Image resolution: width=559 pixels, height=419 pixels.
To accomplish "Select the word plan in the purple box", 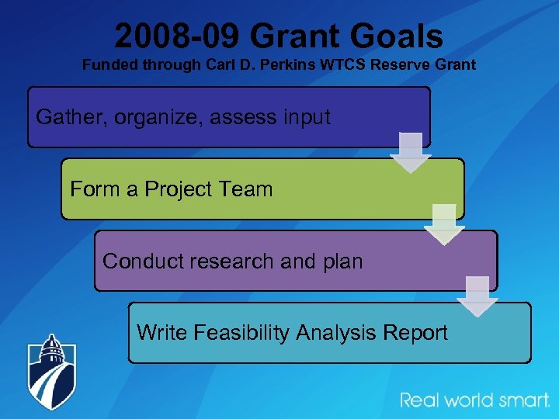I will (339, 261).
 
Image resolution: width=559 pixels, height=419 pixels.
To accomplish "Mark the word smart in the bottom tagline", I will (521, 400).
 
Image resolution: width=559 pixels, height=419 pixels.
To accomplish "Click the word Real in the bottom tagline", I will (420, 400).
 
